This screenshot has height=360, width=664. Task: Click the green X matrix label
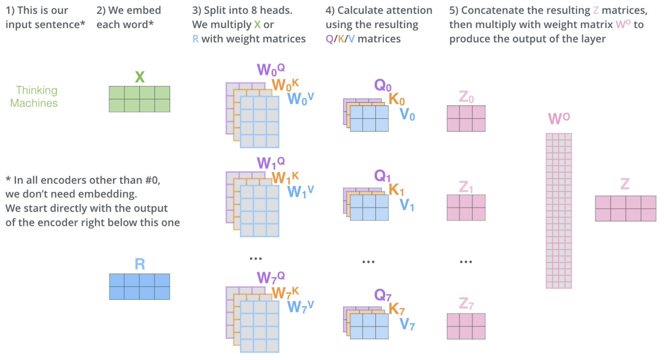coord(139,77)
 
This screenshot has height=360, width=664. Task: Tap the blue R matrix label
coord(139,264)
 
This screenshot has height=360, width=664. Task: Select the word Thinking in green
coord(37,90)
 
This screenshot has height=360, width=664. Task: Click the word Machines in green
coord(34,103)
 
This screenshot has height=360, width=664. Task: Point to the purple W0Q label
coord(270,70)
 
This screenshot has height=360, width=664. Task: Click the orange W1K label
coord(285,178)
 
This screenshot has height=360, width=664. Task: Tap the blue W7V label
coord(300,306)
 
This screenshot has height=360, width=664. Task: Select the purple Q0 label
coord(382,85)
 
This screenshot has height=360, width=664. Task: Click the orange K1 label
coord(396,190)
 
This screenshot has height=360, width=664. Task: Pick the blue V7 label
coord(407,324)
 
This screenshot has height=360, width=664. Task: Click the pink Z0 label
coord(466,97)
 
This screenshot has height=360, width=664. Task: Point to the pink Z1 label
coord(466,187)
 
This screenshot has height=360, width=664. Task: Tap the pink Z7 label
coord(466,303)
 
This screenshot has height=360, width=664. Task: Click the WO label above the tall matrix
coord(559,118)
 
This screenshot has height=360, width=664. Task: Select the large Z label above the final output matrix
coord(625,184)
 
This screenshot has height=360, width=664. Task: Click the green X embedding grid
coord(139,99)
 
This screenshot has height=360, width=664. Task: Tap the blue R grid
coord(139,287)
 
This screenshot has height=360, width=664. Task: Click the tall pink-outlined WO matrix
coord(559,211)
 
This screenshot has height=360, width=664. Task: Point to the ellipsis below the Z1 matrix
coord(466,262)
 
